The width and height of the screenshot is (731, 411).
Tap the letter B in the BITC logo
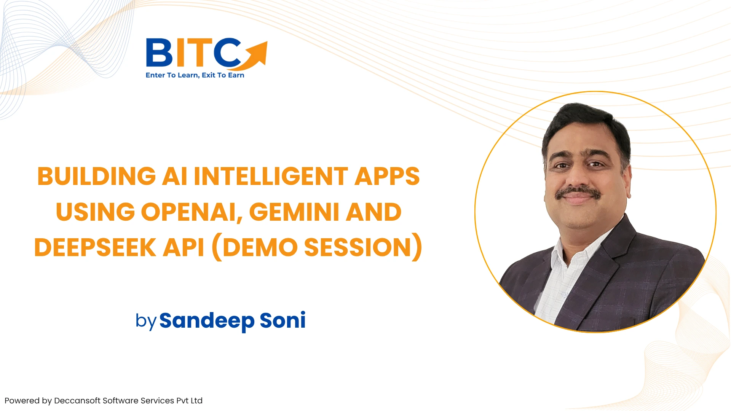[160, 53]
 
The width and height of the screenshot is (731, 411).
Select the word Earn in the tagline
[236, 75]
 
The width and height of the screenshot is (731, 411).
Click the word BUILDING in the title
[97, 176]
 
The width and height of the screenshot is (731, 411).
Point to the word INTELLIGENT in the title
[271, 176]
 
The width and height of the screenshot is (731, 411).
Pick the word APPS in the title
[387, 176]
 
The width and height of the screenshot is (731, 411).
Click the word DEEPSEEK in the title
[95, 247]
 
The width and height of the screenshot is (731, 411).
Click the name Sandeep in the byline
[207, 321]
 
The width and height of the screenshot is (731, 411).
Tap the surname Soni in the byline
[283, 320]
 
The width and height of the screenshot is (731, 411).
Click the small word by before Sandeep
[146, 322]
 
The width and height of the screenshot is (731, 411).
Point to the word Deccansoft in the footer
[77, 401]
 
